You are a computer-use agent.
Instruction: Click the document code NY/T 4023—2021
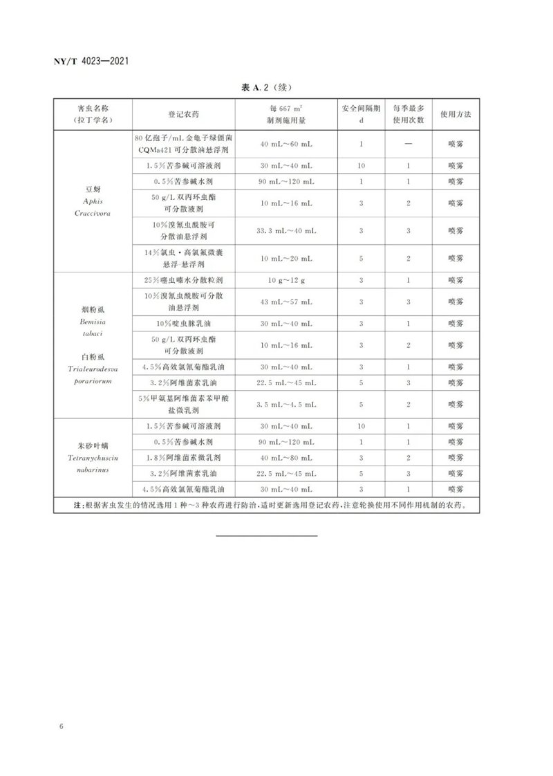click(93, 63)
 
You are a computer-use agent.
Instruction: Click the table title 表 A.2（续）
click(266, 88)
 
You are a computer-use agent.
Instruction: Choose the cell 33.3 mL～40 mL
click(286, 230)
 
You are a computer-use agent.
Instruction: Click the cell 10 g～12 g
click(286, 280)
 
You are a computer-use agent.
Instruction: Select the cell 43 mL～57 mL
click(286, 302)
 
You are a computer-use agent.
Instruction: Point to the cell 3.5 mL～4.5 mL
click(286, 404)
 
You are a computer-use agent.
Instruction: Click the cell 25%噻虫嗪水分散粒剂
click(183, 280)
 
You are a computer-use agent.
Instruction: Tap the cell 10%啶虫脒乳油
click(183, 323)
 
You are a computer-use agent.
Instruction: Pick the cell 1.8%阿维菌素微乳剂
click(183, 457)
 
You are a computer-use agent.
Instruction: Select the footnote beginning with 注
click(266, 506)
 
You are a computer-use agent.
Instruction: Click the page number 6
click(62, 726)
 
